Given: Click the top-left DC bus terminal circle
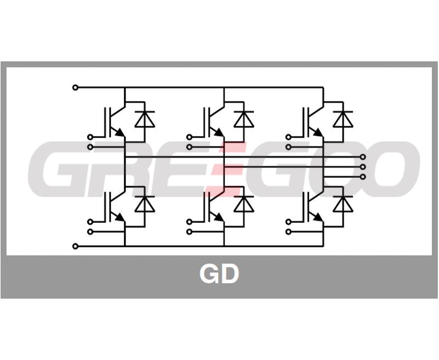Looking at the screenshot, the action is tap(75, 88).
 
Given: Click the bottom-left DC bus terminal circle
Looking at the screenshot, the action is tap(75, 246).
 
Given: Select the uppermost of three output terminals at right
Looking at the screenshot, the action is tap(363, 157).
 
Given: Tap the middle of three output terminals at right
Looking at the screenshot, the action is tap(363, 167).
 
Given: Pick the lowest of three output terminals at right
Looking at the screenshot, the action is tap(363, 177).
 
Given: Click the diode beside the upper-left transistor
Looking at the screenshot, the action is tap(145, 119).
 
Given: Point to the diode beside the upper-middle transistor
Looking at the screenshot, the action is tap(244, 119).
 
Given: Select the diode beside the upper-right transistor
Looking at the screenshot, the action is tap(343, 119).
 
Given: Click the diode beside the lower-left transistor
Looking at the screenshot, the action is tap(145, 204).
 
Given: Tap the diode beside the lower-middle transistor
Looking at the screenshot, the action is tap(244, 204).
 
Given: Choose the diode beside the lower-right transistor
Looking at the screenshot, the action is tap(343, 204).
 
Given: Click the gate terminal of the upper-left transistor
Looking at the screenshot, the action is tap(90, 137).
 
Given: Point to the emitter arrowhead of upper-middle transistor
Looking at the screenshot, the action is tap(219, 132).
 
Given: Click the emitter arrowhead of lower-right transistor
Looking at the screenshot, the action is tap(318, 217).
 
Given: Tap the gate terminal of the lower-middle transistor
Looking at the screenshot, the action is tap(189, 222).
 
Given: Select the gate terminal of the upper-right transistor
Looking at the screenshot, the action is tap(289, 137).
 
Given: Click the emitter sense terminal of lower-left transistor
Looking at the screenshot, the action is tap(90, 232).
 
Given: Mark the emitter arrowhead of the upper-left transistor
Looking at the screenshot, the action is tap(120, 132).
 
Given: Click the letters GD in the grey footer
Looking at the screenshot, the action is tap(219, 274).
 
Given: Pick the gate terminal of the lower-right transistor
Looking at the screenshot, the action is tap(289, 222).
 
